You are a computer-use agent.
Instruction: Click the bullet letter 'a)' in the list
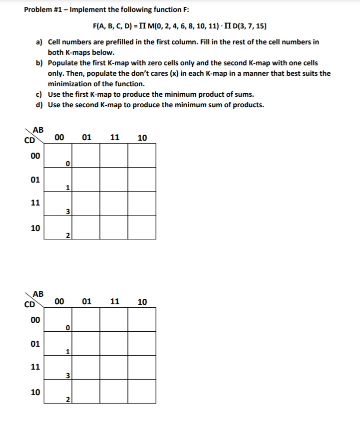(39, 42)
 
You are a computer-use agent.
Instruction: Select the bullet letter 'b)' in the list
(39, 63)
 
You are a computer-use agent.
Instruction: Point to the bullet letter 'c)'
(39, 94)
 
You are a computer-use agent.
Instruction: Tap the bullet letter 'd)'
(39, 105)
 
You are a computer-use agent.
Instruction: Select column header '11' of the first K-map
(114, 138)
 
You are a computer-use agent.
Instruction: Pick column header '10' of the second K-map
(142, 302)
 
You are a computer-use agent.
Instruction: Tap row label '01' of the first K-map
(35, 180)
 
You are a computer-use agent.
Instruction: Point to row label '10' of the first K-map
(35, 228)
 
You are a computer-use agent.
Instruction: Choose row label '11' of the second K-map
(35, 367)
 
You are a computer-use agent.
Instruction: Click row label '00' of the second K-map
(35, 319)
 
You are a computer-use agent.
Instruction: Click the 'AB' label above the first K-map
(38, 129)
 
